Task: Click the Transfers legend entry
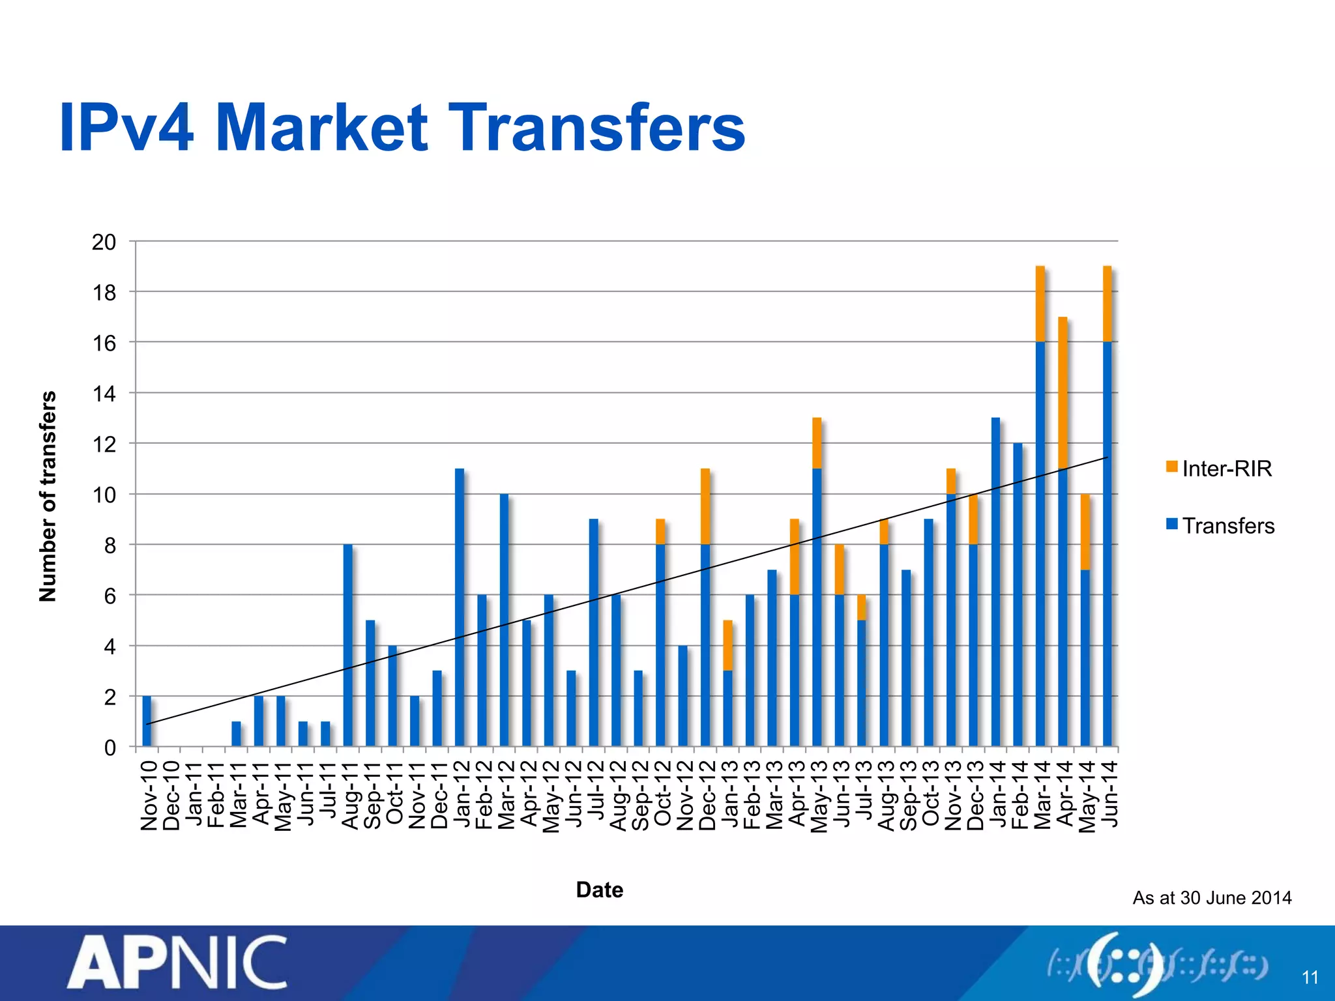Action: pyautogui.click(x=1220, y=525)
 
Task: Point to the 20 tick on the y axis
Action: pyautogui.click(x=104, y=242)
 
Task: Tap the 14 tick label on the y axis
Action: pyautogui.click(x=104, y=394)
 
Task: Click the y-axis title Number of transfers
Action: pyautogui.click(x=48, y=495)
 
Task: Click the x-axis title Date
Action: pyautogui.click(x=599, y=890)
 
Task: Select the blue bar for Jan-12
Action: pyautogui.click(x=460, y=606)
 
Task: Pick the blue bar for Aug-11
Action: pyautogui.click(x=347, y=645)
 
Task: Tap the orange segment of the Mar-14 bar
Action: pyautogui.click(x=1040, y=304)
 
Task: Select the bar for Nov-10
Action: pyautogui.click(x=147, y=721)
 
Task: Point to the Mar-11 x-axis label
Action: pyautogui.click(x=238, y=795)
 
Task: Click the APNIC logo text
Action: pyautogui.click(x=177, y=963)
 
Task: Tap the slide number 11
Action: pyautogui.click(x=1310, y=978)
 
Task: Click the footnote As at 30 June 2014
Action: pyautogui.click(x=1211, y=898)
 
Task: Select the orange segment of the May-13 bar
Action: pyautogui.click(x=817, y=442)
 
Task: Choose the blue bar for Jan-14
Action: pyautogui.click(x=995, y=581)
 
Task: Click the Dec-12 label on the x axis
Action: pyautogui.click(x=707, y=795)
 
